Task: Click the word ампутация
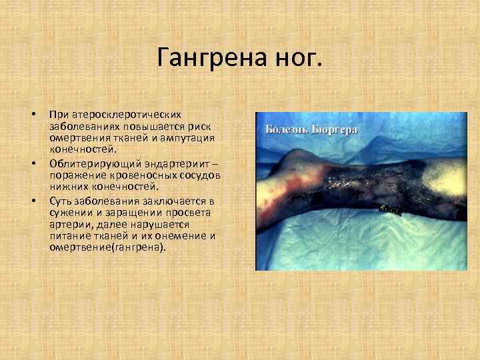(x=190, y=138)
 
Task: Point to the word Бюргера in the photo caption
(x=334, y=129)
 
